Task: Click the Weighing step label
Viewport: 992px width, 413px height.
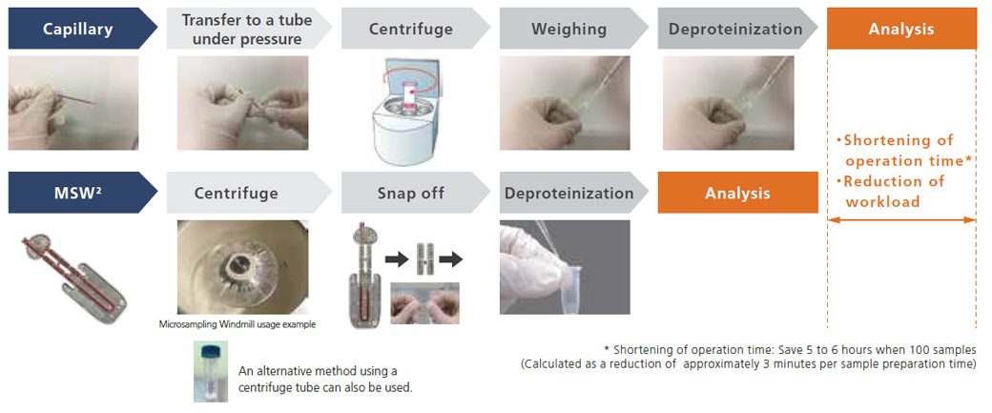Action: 569,29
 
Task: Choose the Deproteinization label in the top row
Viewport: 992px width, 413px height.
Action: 734,29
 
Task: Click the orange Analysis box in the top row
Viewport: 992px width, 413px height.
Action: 901,29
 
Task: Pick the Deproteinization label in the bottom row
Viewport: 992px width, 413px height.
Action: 569,194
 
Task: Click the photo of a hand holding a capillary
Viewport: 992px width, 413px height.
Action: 73,103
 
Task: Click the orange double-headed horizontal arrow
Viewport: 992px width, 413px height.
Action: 901,220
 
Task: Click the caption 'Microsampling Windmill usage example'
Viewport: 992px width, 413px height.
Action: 237,324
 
